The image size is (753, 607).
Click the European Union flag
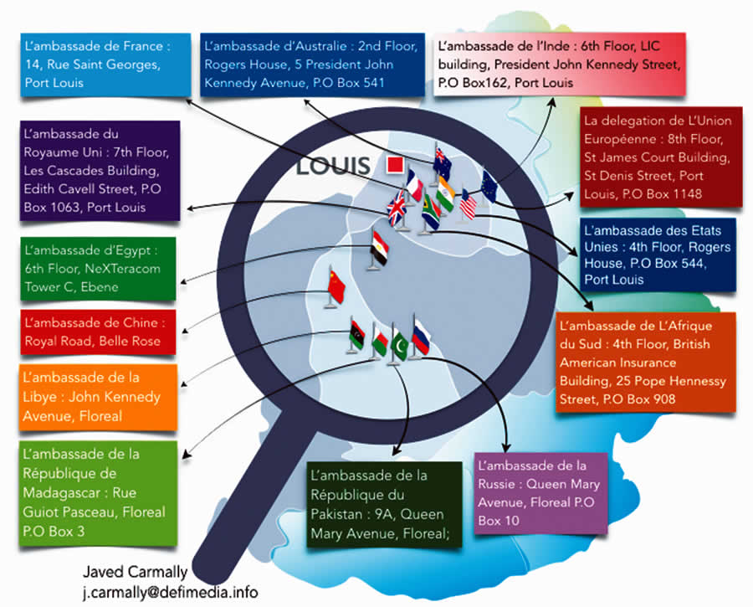[x=489, y=184]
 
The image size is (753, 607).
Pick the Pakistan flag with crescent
[x=399, y=342]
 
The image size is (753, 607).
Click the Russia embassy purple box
[x=540, y=493]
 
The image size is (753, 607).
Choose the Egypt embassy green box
[x=100, y=269]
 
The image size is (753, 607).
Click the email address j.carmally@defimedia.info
[x=170, y=592]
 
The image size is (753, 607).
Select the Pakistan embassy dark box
[x=383, y=504]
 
